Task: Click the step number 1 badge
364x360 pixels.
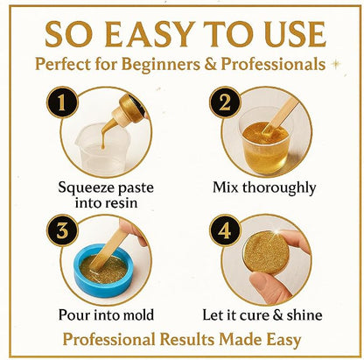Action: [62, 102]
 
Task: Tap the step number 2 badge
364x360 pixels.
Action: [225, 102]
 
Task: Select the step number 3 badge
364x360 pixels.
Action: [62, 230]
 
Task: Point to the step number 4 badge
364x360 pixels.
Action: [225, 230]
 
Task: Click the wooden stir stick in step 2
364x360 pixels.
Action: [280, 116]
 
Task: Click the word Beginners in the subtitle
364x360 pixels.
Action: [161, 64]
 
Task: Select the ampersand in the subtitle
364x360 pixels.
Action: [211, 64]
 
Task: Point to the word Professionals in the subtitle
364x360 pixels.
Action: [273, 64]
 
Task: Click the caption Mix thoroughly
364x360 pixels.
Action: [264, 188]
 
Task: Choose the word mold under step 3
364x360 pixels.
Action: [138, 315]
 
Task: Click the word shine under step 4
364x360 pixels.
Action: [304, 315]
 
